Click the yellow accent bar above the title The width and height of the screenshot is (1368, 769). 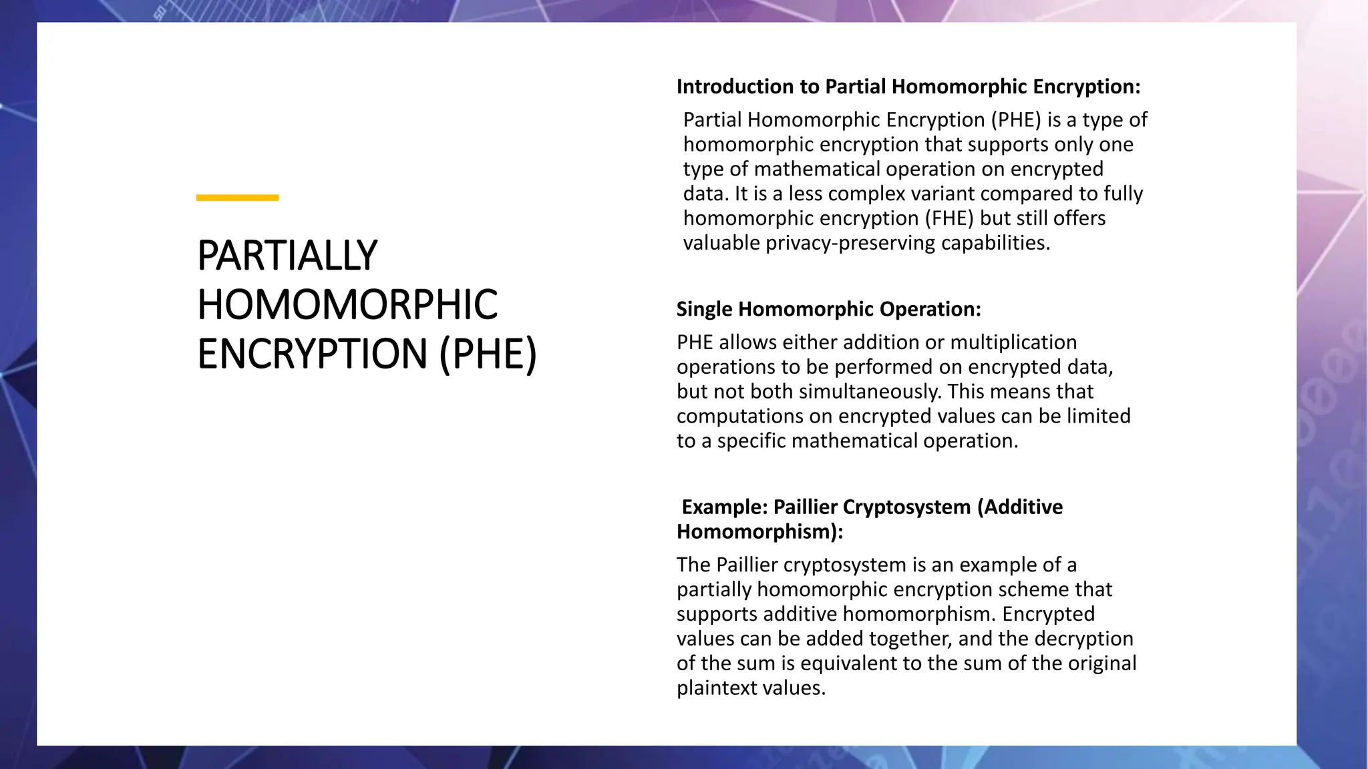pyautogui.click(x=237, y=198)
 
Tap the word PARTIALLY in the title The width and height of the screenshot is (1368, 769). pyautogui.click(x=287, y=256)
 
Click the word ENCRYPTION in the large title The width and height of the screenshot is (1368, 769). pyautogui.click(x=312, y=354)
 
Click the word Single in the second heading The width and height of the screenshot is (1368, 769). pyautogui.click(x=705, y=309)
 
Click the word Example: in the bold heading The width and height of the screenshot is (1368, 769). pyautogui.click(x=725, y=507)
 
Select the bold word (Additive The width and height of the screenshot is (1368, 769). pyautogui.click(x=1020, y=507)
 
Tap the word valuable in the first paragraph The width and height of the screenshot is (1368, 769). pyautogui.click(x=721, y=243)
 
